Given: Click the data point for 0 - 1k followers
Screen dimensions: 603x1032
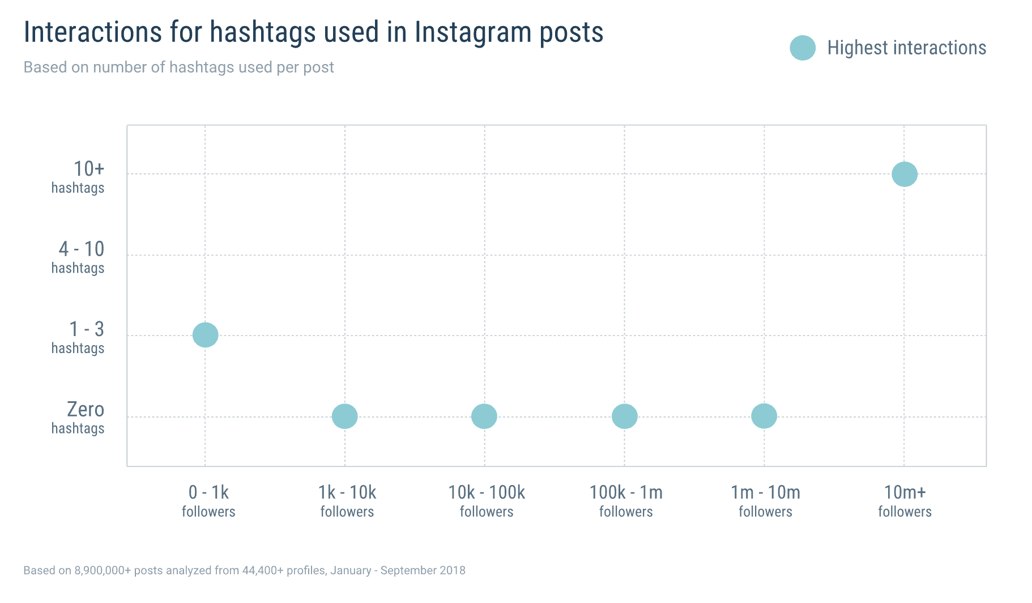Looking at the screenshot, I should pyautogui.click(x=205, y=335).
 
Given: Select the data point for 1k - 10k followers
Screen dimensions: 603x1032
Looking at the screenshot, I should pyautogui.click(x=344, y=417).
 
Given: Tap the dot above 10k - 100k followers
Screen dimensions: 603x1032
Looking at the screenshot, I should pyautogui.click(x=484, y=417).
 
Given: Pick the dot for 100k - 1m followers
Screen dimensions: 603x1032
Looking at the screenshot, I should pyautogui.click(x=624, y=417).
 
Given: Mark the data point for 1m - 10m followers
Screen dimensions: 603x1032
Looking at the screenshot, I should pyautogui.click(x=764, y=417).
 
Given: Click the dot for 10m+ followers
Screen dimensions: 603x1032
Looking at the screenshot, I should pyautogui.click(x=904, y=174).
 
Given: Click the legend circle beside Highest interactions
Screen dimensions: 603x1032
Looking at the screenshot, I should pyautogui.click(x=803, y=48).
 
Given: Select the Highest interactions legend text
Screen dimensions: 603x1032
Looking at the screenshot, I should pyautogui.click(x=906, y=48).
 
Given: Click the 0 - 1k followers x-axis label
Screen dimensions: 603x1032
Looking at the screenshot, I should pyautogui.click(x=208, y=501).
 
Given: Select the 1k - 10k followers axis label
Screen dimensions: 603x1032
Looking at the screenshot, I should pyautogui.click(x=347, y=501).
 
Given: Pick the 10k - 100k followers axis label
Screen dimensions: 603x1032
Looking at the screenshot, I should pyautogui.click(x=487, y=501).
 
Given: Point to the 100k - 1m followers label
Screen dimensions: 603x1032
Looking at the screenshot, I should pyautogui.click(x=626, y=501).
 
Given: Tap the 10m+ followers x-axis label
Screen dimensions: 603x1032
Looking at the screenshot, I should pyautogui.click(x=905, y=501).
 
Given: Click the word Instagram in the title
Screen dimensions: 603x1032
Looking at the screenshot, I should pyautogui.click(x=472, y=32).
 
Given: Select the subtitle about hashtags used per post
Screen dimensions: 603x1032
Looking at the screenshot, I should pyautogui.click(x=178, y=67).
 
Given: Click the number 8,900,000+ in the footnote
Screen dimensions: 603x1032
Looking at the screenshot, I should pyautogui.click(x=103, y=571).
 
